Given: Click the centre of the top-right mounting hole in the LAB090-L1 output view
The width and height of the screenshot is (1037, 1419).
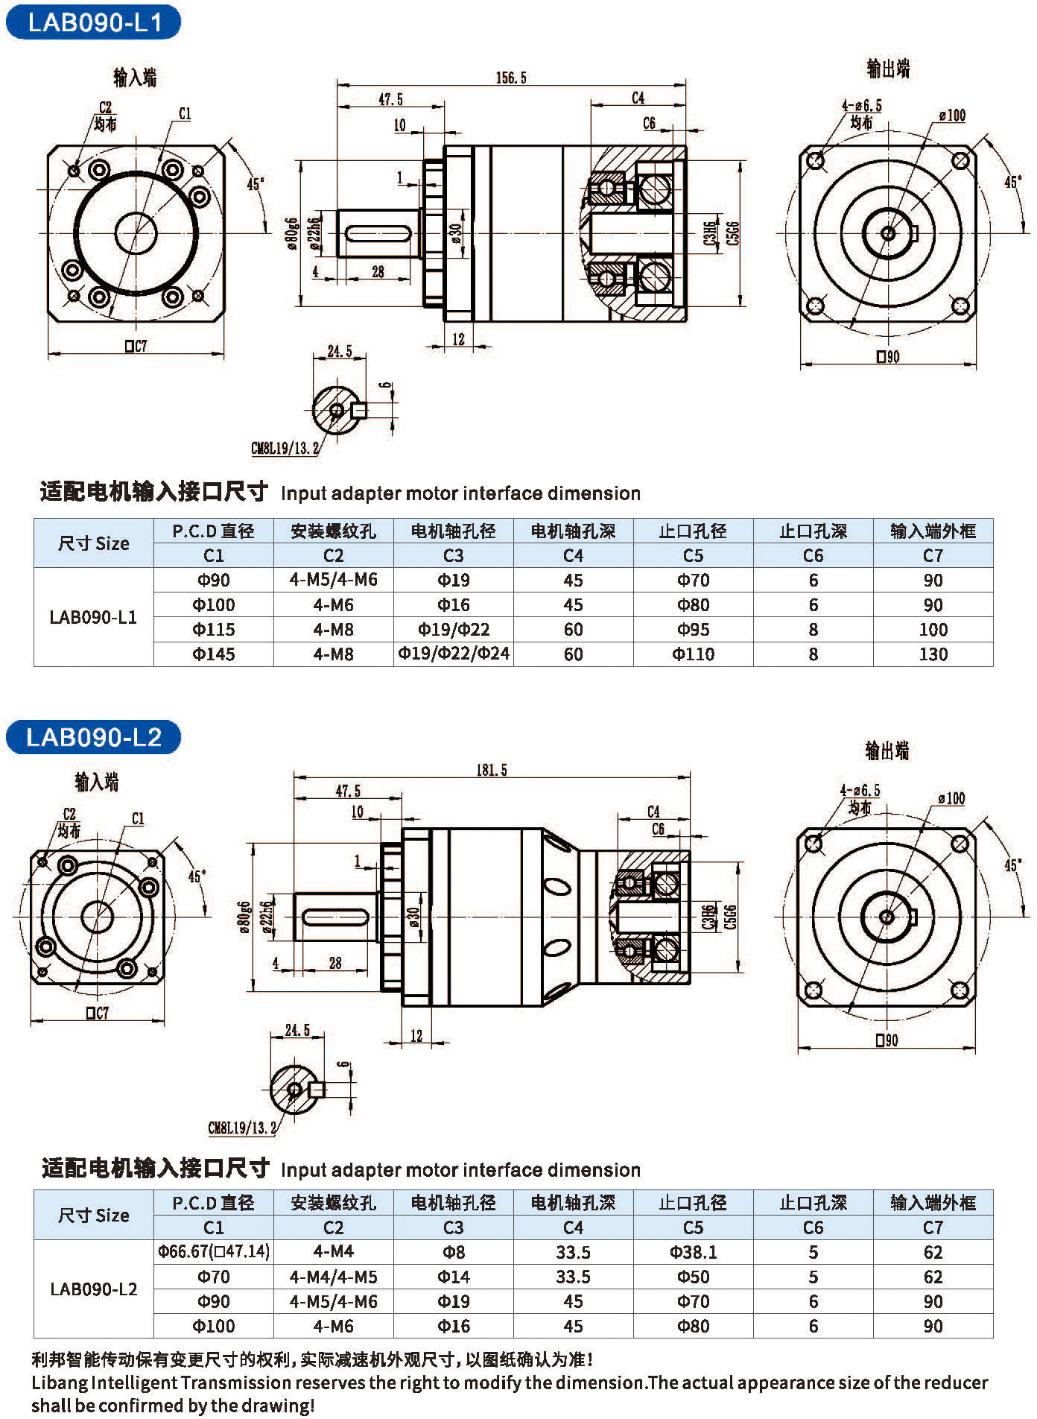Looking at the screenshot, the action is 960,159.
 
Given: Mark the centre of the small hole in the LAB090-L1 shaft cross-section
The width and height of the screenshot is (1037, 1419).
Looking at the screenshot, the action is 337,410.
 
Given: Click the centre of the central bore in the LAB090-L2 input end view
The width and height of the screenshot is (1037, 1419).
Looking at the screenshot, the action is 97,916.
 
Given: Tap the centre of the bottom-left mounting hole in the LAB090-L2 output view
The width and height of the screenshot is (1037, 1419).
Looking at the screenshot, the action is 814,990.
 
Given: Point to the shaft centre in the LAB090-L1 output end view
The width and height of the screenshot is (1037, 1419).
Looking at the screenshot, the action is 888,233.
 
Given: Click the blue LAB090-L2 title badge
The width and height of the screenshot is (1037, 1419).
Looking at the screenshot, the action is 94,737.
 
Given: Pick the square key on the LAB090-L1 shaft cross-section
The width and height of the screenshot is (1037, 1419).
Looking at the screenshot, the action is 360,410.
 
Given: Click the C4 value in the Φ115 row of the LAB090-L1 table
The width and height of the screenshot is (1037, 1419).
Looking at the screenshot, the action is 573,630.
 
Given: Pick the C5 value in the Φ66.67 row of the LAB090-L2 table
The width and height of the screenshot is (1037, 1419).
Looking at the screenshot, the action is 693,1252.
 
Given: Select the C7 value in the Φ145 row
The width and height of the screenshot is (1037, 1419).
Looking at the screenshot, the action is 933,654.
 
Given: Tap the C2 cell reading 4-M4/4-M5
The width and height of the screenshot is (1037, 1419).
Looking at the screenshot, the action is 333,1277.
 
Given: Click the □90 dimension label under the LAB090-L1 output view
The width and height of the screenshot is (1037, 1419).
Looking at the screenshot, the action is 888,356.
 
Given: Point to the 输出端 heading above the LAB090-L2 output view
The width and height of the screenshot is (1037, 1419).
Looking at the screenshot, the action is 887,750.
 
